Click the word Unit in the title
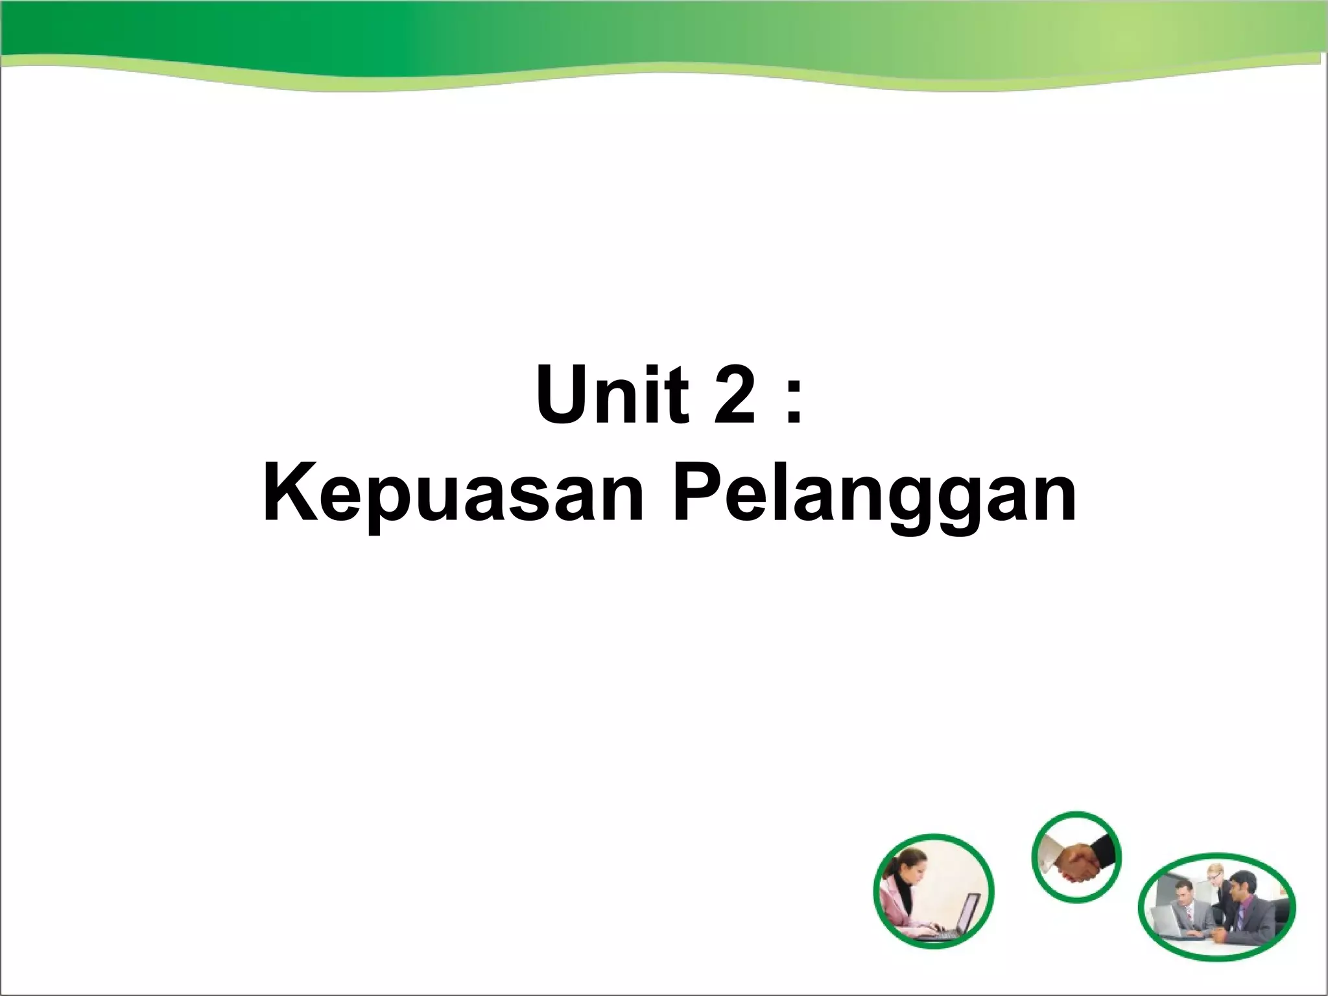pos(611,396)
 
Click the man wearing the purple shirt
pos(1242,908)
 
